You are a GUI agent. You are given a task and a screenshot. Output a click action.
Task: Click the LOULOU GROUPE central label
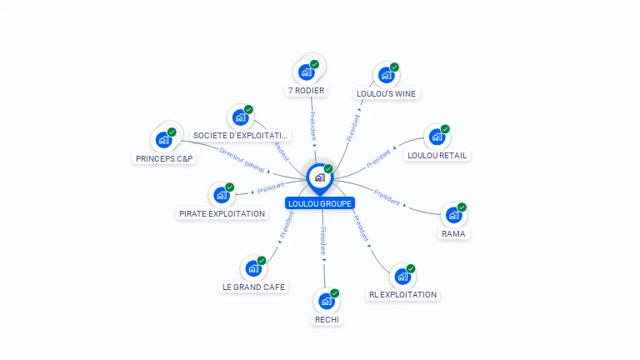[x=320, y=203]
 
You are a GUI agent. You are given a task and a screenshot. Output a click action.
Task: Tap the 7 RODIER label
[x=307, y=90]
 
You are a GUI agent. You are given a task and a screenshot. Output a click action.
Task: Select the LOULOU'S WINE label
[x=386, y=94]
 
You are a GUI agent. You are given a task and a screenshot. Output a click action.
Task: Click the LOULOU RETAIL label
[x=437, y=155]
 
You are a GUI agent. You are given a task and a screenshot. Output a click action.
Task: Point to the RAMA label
[x=453, y=233]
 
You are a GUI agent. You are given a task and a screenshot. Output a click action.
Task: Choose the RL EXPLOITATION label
[x=402, y=294]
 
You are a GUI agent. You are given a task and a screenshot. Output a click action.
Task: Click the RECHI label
[x=327, y=319]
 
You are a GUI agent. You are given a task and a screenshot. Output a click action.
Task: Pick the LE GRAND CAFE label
[x=253, y=287]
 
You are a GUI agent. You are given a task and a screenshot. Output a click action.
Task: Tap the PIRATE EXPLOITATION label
[x=222, y=213]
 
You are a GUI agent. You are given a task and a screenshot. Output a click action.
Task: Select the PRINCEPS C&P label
[x=164, y=158]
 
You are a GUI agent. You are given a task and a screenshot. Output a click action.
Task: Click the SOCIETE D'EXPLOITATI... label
[x=241, y=135]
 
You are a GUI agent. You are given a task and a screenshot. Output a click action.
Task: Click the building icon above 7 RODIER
[x=306, y=71]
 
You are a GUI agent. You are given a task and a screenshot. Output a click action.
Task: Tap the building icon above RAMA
[x=453, y=214]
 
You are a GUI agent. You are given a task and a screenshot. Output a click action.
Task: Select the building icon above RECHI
[x=326, y=300]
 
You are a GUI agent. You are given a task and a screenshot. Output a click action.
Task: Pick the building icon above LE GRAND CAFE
[x=252, y=268]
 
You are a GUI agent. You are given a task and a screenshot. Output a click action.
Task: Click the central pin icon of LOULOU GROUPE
[x=319, y=177]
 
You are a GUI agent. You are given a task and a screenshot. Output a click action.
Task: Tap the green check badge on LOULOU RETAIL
[x=445, y=129]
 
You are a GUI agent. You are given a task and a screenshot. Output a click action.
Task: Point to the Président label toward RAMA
[x=387, y=197]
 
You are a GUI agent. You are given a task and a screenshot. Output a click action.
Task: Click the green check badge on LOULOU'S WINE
[x=394, y=67]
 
